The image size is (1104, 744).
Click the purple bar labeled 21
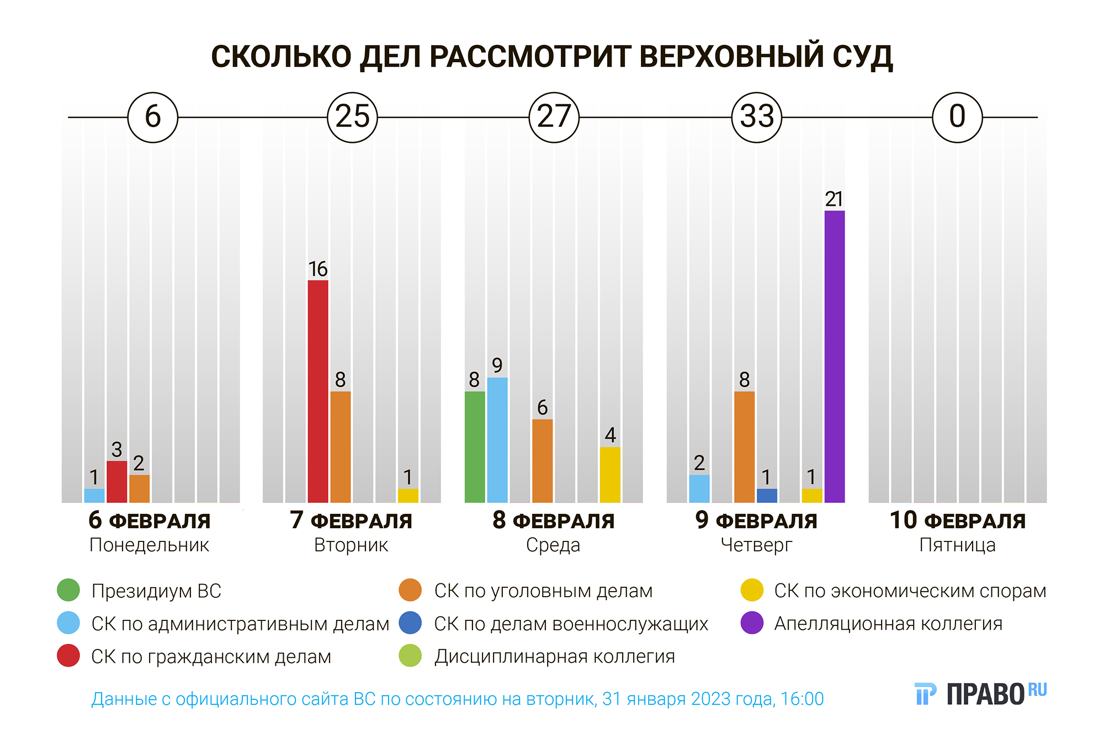[x=834, y=357]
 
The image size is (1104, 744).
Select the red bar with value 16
[x=318, y=391]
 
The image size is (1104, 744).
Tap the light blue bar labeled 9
[x=497, y=440]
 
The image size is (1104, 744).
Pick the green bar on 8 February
[x=475, y=447]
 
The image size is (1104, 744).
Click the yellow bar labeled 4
[x=610, y=475]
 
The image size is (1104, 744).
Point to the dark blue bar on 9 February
[x=767, y=496]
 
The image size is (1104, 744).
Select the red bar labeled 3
[x=116, y=482]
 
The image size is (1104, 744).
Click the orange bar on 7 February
[x=341, y=447]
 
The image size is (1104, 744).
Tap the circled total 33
[x=756, y=117]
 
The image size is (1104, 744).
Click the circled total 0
[x=957, y=117]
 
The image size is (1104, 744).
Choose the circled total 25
[x=352, y=117]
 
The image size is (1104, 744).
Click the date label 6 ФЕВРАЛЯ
[x=149, y=520]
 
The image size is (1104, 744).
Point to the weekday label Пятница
[x=957, y=545]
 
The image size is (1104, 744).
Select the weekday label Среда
[x=553, y=545]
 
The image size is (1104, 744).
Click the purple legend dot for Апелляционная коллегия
[x=752, y=623]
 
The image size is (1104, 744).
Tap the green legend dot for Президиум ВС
[x=68, y=591]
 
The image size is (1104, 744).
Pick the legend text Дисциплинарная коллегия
[x=554, y=656]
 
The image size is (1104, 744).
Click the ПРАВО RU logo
[x=980, y=694]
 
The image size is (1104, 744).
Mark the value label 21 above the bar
[x=834, y=199]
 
